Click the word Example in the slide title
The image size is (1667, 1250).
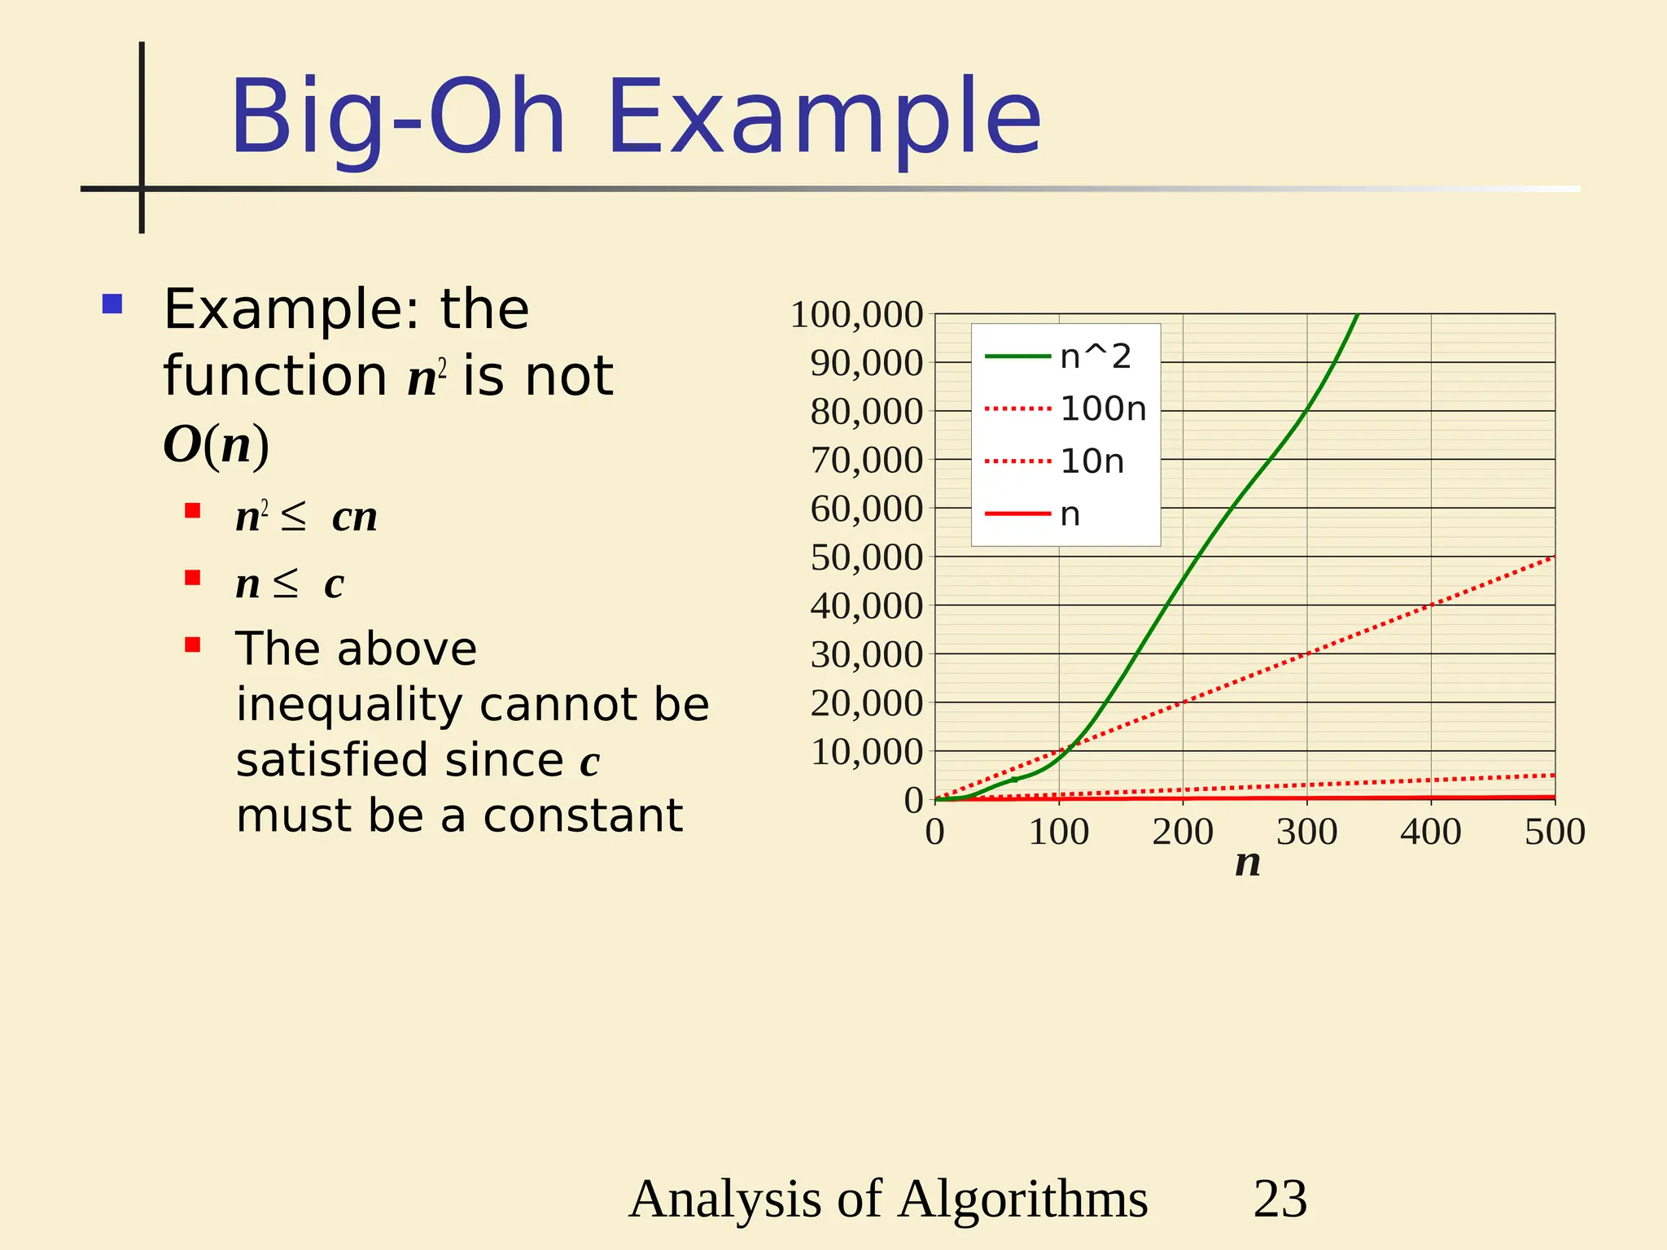[x=824, y=118]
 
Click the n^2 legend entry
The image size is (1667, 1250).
[x=1095, y=356]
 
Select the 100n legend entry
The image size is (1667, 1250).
[x=1102, y=409]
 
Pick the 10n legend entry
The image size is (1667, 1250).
[x=1092, y=461]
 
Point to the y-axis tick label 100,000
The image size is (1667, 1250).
[x=856, y=315]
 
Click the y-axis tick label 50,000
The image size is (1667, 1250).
[x=866, y=557]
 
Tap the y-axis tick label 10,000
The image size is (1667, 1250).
[x=866, y=752]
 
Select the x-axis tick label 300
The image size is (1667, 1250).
[x=1306, y=833]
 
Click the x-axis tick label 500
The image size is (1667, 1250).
[x=1554, y=833]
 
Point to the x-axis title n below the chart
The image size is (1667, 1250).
[x=1247, y=863]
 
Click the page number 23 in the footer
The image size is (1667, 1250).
[x=1280, y=1199]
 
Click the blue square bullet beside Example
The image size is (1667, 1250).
[x=112, y=304]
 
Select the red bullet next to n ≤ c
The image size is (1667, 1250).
[x=193, y=578]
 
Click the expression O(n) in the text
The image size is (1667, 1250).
[x=216, y=445]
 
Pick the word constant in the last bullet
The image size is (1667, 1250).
[x=582, y=815]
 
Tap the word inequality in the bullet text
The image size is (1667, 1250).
[x=348, y=705]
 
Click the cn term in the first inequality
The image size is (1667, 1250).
[x=354, y=517]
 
